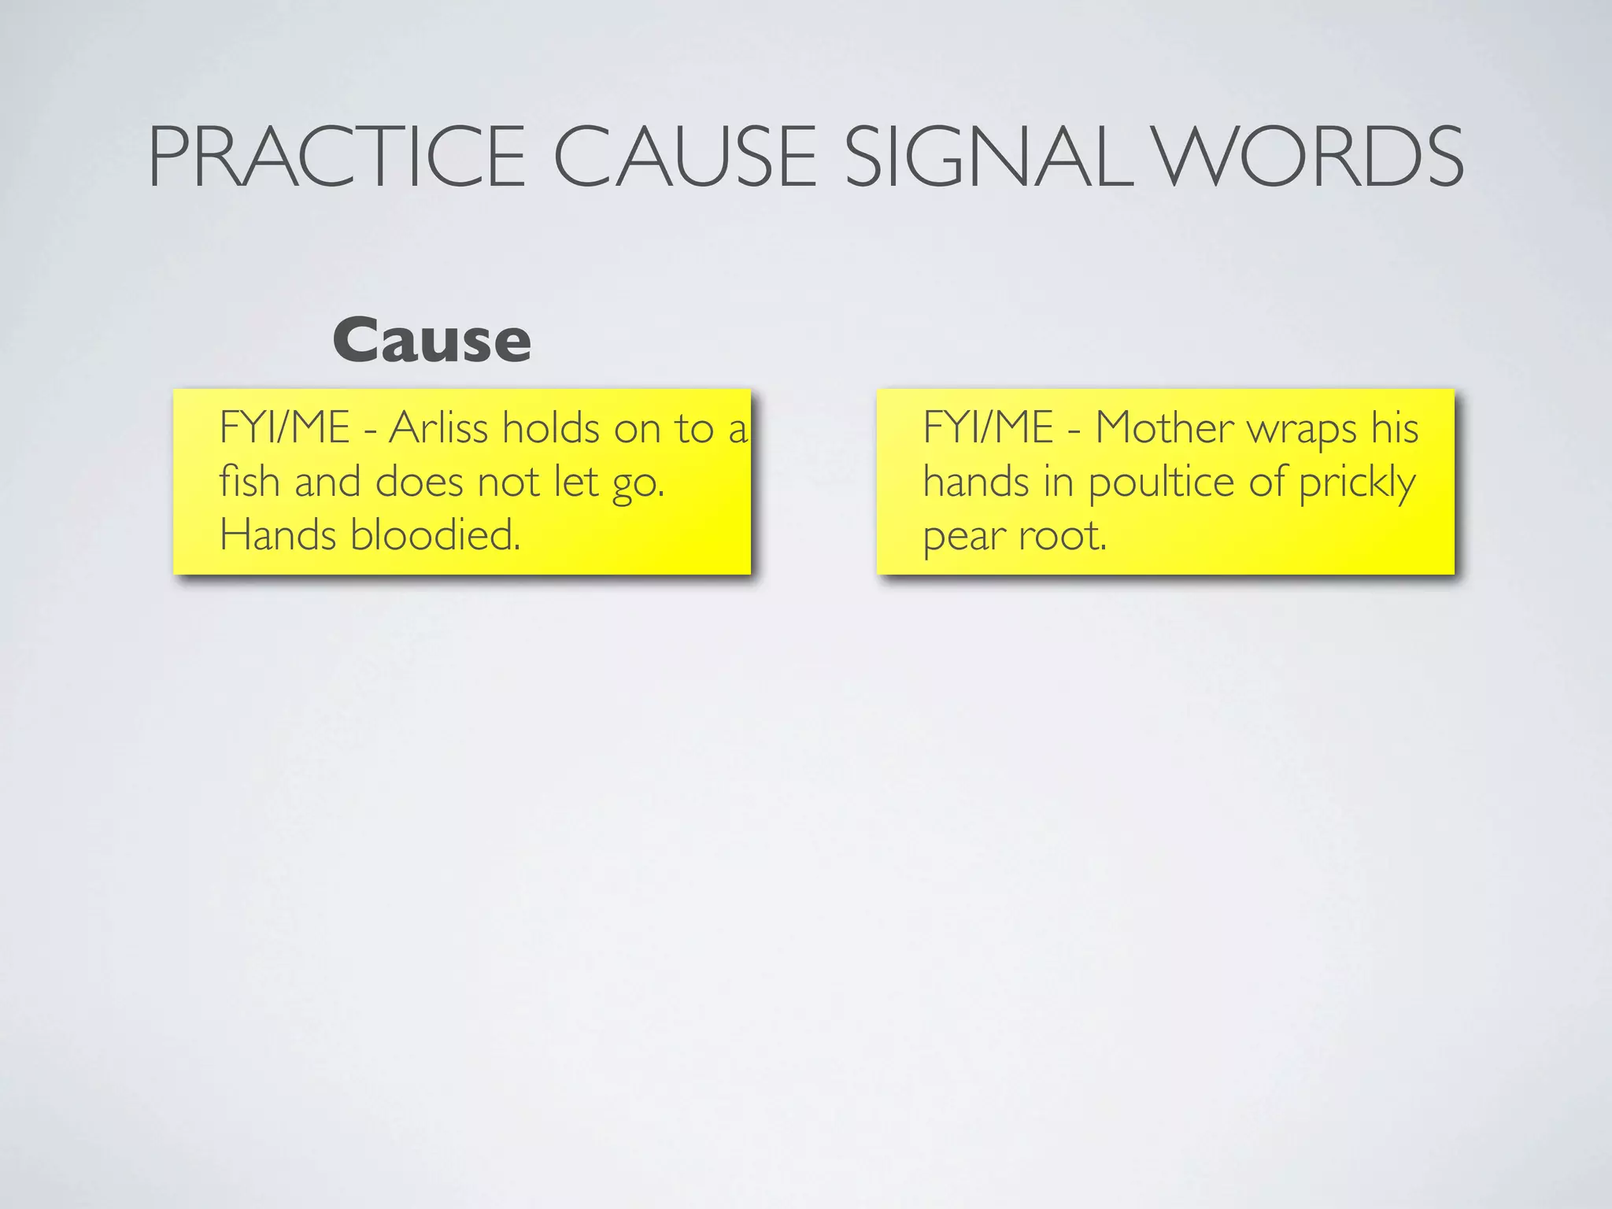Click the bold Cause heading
[431, 341]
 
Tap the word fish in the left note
[250, 482]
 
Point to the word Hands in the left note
[278, 535]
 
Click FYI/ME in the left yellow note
[284, 428]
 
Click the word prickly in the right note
[1358, 483]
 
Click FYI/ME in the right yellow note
[988, 428]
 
